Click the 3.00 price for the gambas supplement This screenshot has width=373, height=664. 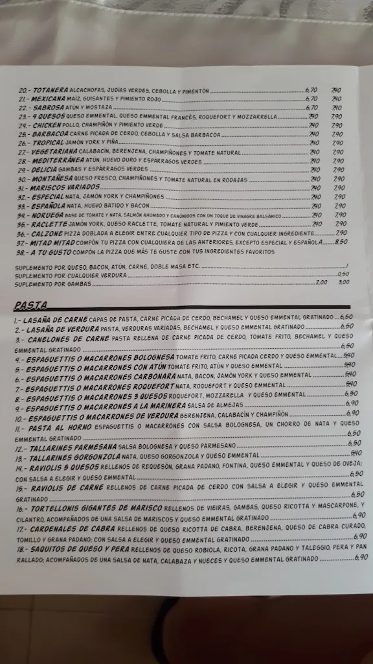pos(343,282)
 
